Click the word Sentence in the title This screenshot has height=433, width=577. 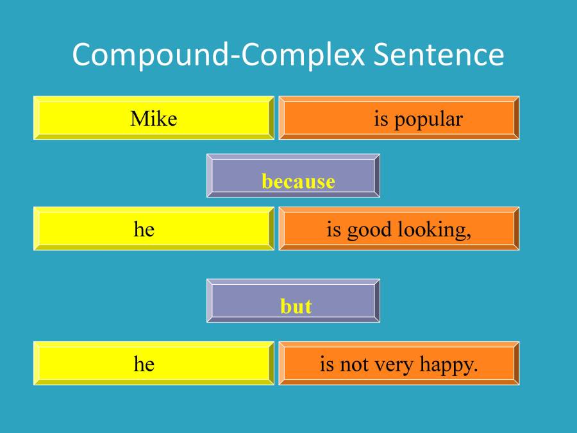(x=439, y=55)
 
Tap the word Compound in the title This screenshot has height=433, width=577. (x=151, y=56)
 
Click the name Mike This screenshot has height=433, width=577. (x=153, y=119)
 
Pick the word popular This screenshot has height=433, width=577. (x=428, y=120)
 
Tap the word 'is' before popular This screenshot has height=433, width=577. (x=381, y=119)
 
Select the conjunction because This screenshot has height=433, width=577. (x=298, y=182)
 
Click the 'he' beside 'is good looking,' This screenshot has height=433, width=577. (x=144, y=229)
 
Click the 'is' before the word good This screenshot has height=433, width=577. (x=333, y=229)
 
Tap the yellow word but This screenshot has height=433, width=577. (x=296, y=307)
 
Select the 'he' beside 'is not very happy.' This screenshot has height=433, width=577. (x=144, y=364)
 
